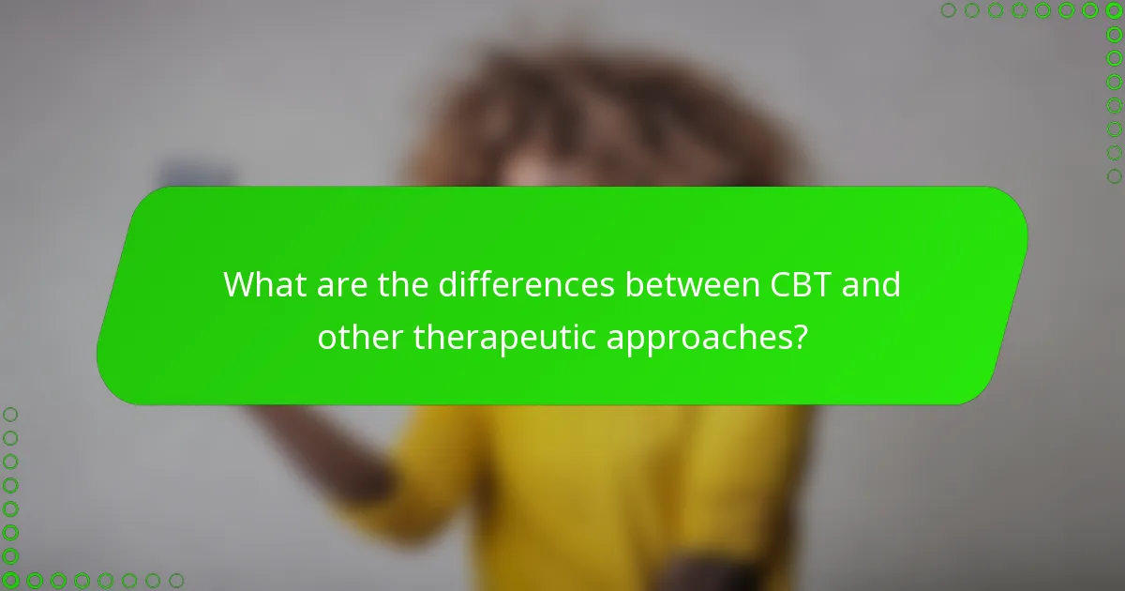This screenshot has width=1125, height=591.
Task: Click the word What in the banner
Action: pos(262,284)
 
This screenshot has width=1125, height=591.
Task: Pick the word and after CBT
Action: pos(872,284)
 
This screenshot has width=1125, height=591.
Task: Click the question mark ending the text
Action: pos(798,337)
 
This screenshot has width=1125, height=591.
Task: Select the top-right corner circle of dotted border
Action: pos(1114,10)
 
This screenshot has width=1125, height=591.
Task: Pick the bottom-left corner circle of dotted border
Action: pos(10,581)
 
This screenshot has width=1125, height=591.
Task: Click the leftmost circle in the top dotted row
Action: pos(948,10)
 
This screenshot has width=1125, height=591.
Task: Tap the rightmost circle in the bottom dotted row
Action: pos(176,581)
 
